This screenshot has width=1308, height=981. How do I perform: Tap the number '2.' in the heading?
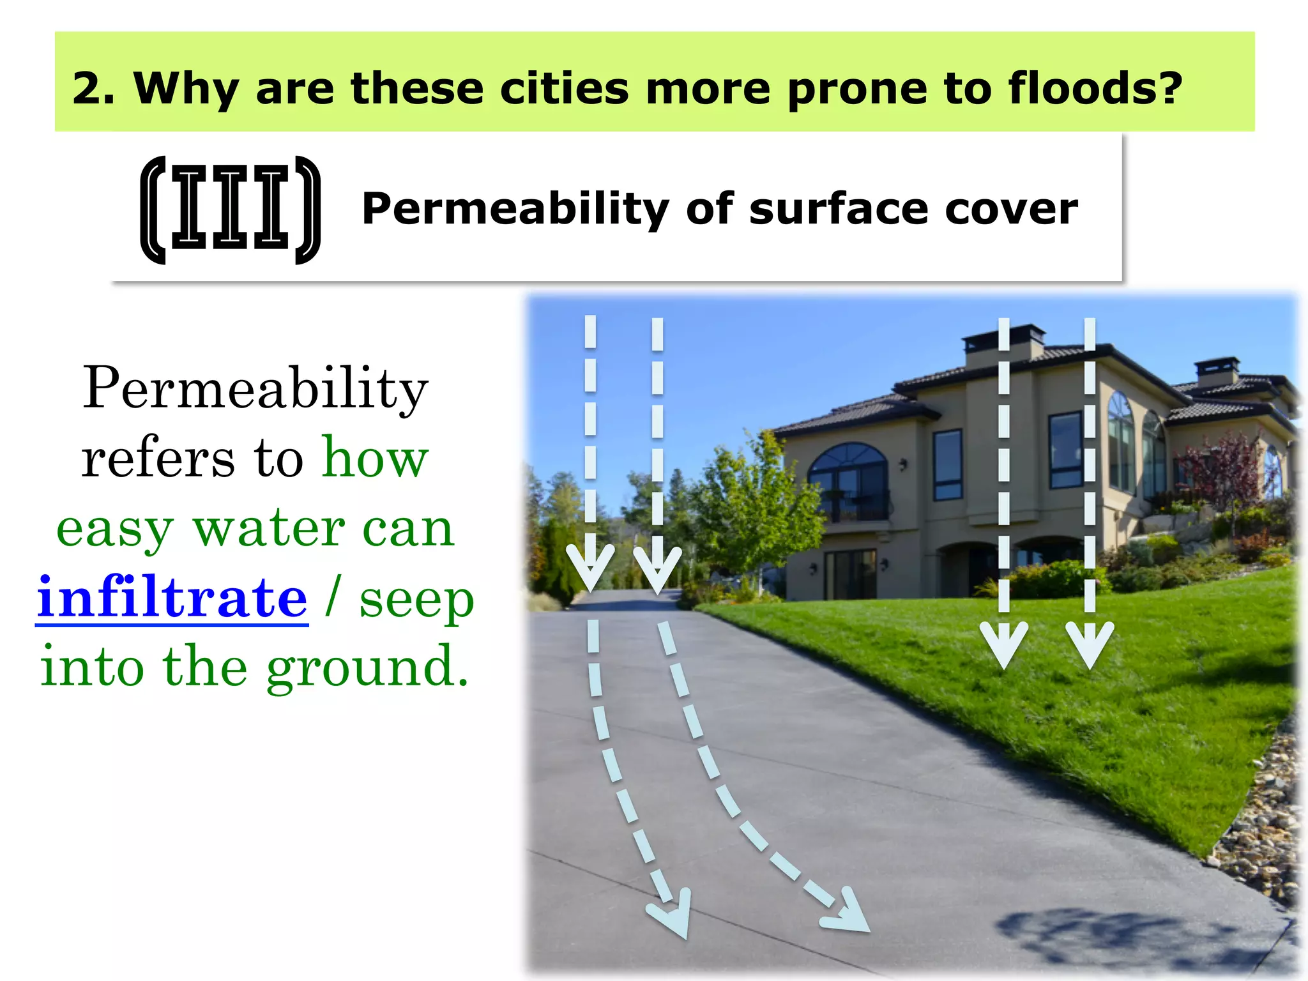(x=93, y=88)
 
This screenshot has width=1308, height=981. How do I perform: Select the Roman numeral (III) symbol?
(x=230, y=209)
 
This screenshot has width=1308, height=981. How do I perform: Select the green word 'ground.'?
(x=367, y=667)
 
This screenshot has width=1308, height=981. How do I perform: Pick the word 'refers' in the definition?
(x=158, y=459)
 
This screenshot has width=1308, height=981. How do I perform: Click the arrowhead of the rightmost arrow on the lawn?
(x=1090, y=645)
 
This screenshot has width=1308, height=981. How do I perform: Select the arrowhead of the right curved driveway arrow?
(x=846, y=912)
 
